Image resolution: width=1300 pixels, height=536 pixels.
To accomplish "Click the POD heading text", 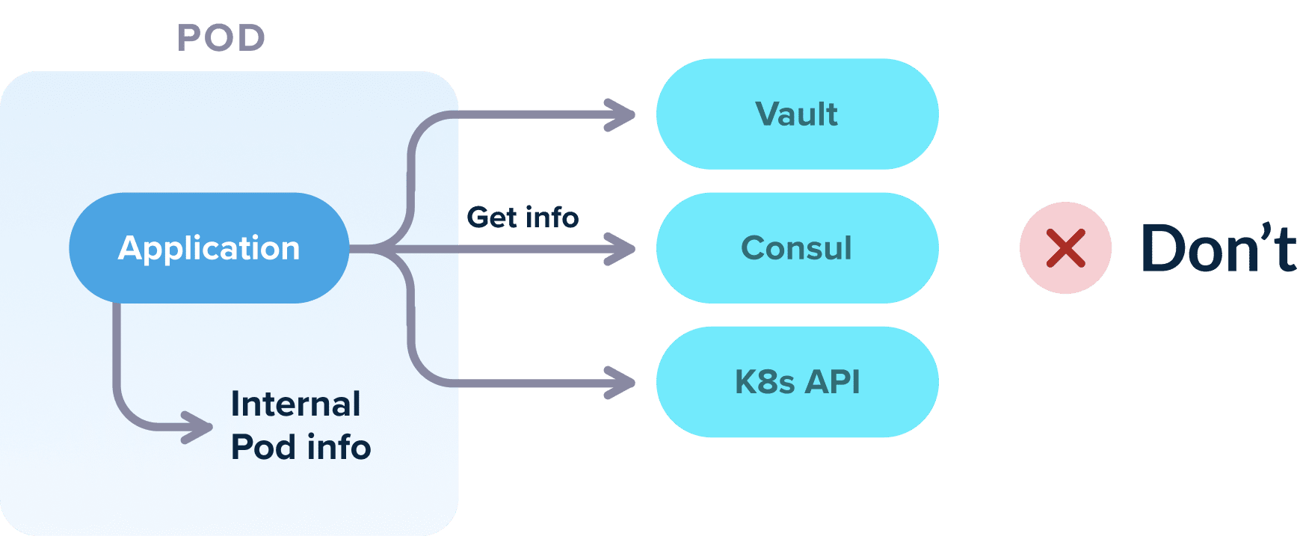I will [221, 38].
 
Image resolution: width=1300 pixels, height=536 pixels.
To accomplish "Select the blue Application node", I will [209, 248].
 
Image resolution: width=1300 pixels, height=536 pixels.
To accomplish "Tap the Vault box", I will [797, 114].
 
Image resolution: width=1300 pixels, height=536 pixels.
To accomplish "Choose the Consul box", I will [797, 248].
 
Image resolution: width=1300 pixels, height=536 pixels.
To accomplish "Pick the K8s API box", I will [797, 382].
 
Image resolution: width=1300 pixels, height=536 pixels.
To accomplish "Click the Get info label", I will [523, 218].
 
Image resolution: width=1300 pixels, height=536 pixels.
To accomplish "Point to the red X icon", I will [1065, 248].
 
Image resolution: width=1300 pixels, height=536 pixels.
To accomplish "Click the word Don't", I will [1219, 248].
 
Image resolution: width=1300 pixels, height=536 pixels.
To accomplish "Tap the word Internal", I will [295, 404].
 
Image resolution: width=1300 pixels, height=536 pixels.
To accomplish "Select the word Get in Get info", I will [492, 218].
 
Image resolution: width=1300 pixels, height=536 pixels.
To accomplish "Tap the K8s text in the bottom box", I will [764, 382].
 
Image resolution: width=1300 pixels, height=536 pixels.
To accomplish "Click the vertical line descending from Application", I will [117, 351].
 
